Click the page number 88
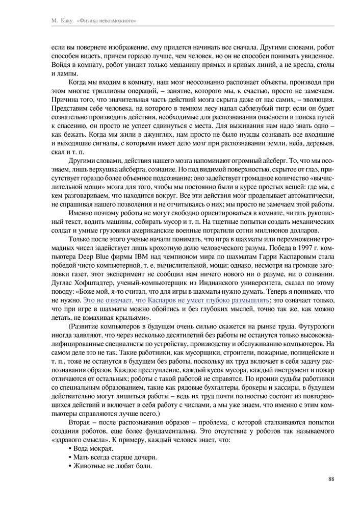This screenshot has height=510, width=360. pos(330,478)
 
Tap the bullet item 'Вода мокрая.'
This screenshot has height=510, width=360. pos(90,448)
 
